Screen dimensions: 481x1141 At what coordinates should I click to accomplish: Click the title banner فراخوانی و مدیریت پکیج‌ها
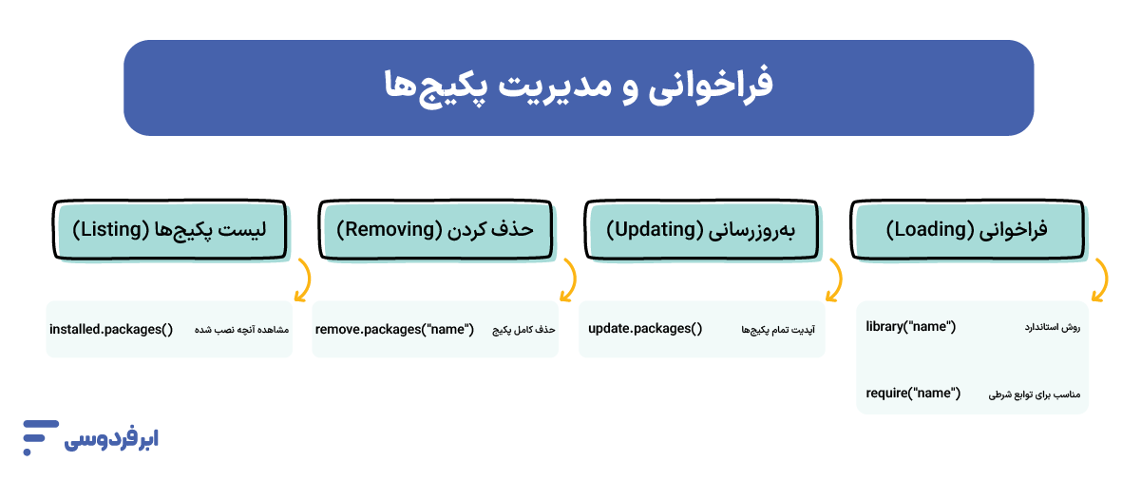pos(578,87)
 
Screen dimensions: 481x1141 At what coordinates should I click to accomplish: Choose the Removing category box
pos(435,230)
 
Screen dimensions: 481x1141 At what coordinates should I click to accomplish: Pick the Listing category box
pos(169,230)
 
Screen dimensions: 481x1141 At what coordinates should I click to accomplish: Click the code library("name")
pos(910,327)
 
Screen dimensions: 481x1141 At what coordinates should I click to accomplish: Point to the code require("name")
pos(913,393)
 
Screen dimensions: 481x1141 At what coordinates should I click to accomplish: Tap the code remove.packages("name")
pos(394,329)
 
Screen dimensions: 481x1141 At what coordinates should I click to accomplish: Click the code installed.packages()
pos(111,329)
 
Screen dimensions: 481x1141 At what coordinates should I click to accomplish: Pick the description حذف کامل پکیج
pos(523,330)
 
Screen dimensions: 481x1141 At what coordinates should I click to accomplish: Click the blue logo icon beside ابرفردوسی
pos(40,435)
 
